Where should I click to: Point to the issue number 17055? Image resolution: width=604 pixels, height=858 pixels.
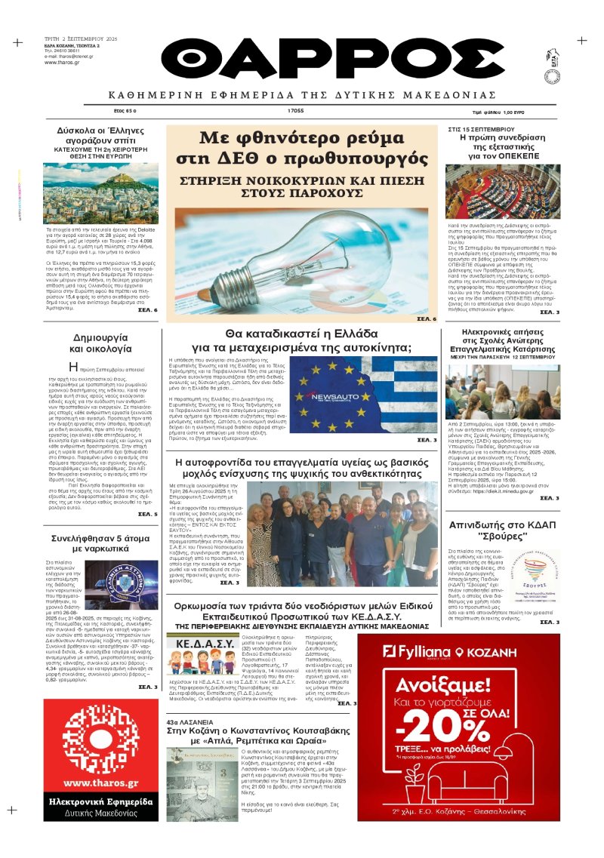click(295, 110)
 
